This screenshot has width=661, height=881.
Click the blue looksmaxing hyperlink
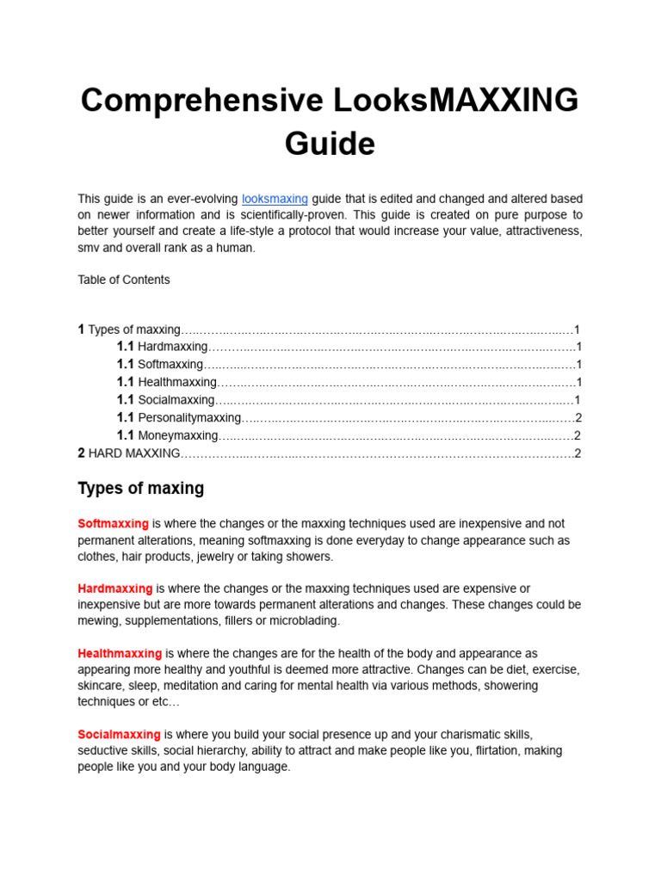(x=275, y=199)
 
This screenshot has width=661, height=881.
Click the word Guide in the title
(x=330, y=143)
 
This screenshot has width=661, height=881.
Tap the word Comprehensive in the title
(x=202, y=101)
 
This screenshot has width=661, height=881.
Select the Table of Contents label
(x=124, y=280)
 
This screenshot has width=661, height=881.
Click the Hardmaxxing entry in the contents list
(x=172, y=347)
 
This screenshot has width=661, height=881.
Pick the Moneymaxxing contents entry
(x=178, y=435)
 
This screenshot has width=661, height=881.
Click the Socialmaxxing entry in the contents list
(x=176, y=400)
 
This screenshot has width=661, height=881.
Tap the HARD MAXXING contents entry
(x=134, y=453)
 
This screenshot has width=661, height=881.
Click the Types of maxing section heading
(x=141, y=489)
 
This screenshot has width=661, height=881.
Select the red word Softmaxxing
(x=113, y=524)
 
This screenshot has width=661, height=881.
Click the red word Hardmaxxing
(x=115, y=588)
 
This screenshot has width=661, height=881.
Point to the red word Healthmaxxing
(x=120, y=654)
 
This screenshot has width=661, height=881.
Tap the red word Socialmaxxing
(x=119, y=735)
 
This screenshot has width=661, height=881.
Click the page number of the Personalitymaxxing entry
(x=578, y=417)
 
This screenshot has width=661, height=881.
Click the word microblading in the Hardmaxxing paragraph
(x=307, y=620)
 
